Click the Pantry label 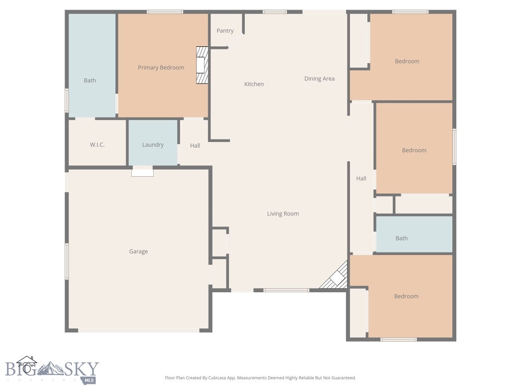pyautogui.click(x=225, y=31)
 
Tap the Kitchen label pyautogui.click(x=254, y=84)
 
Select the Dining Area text pyautogui.click(x=319, y=78)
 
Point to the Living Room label pyautogui.click(x=283, y=214)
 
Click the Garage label pyautogui.click(x=138, y=252)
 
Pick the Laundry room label pyautogui.click(x=153, y=145)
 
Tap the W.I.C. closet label pyautogui.click(x=97, y=145)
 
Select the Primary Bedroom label pyautogui.click(x=161, y=68)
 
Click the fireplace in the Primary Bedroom pyautogui.click(x=202, y=65)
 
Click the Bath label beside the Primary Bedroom pyautogui.click(x=90, y=80)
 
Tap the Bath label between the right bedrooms pyautogui.click(x=401, y=238)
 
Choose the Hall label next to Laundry pyautogui.click(x=195, y=146)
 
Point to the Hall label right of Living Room pyautogui.click(x=361, y=178)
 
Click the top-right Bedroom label pyautogui.click(x=407, y=61)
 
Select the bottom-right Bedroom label pyautogui.click(x=406, y=296)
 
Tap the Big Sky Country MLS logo pyautogui.click(x=52, y=369)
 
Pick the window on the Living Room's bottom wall pyautogui.click(x=286, y=290)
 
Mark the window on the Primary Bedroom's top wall pyautogui.click(x=165, y=11)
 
